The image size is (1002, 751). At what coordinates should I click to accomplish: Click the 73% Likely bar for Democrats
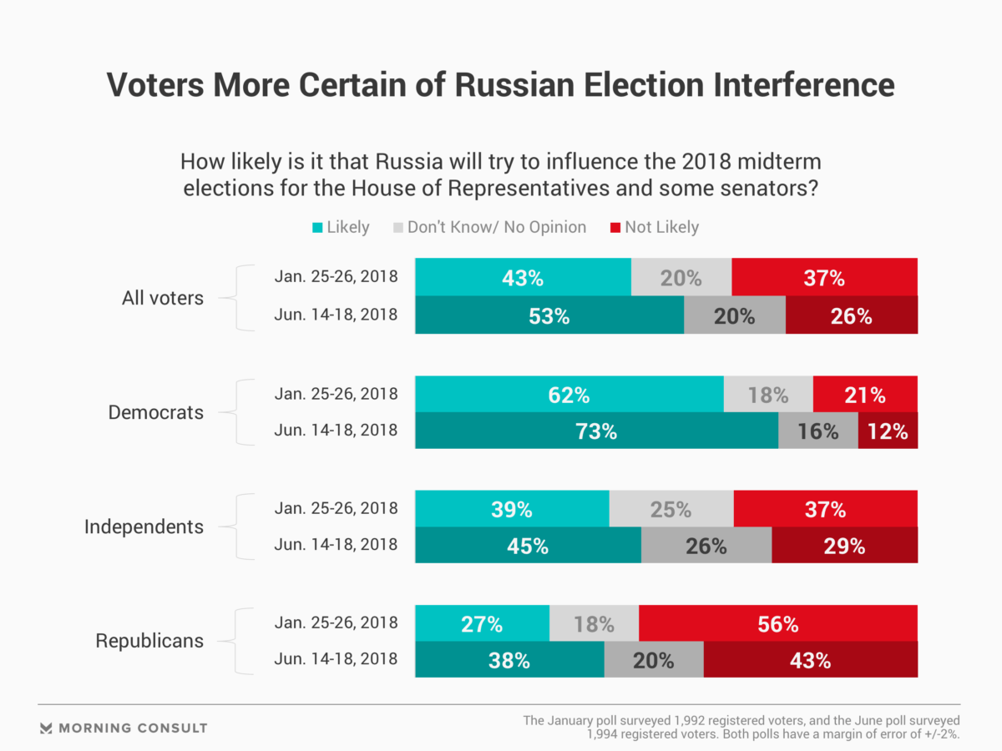pos(596,431)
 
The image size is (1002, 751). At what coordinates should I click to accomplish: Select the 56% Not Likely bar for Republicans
pos(777,623)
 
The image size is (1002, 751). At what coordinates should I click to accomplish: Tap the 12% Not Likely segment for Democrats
pos(888,431)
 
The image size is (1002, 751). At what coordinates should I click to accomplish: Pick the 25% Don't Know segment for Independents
pos(671,509)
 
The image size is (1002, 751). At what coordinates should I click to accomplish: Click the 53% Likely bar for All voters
pos(549,317)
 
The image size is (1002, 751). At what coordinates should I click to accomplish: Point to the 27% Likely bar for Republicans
pos(482,623)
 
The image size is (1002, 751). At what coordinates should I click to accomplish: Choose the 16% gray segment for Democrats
pos(817,431)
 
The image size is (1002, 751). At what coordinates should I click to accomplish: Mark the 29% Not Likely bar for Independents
pos(844,547)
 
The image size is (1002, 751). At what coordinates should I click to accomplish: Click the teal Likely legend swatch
pos(317,227)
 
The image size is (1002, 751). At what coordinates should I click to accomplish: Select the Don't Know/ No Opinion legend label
pos(497,227)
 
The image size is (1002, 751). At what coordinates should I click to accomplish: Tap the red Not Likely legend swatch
pos(619,227)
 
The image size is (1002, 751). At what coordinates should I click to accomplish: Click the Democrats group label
pos(156,412)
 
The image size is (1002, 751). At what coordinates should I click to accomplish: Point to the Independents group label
pos(144,527)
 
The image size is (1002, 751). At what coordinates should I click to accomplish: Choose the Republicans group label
pos(149,641)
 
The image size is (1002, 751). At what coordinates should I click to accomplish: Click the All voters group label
pos(162,298)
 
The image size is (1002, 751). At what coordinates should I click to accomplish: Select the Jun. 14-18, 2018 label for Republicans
pos(336,659)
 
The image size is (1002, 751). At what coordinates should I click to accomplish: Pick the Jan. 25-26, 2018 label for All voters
pos(336,277)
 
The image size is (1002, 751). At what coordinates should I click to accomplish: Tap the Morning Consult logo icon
pos(47,728)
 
